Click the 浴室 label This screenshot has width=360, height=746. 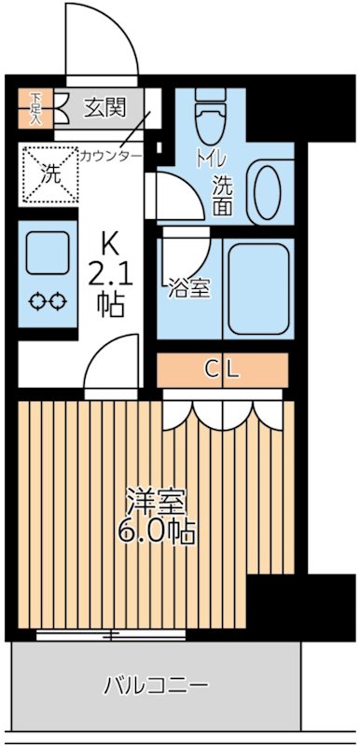click(x=188, y=289)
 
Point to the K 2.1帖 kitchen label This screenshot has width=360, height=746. click(x=111, y=276)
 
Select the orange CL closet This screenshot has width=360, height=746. click(x=224, y=369)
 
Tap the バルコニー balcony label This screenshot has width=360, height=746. click(x=155, y=686)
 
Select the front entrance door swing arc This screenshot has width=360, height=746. click(x=103, y=42)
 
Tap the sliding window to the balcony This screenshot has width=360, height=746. click(x=112, y=636)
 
